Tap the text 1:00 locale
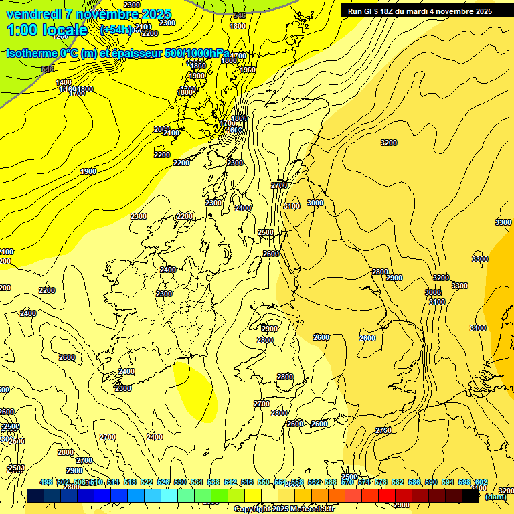(x=47, y=30)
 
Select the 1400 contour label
(x=64, y=82)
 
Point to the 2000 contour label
(x=161, y=129)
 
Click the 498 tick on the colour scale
(x=46, y=482)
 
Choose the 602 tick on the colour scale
(x=481, y=482)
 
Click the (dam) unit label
(x=495, y=497)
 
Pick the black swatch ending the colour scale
(x=470, y=496)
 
